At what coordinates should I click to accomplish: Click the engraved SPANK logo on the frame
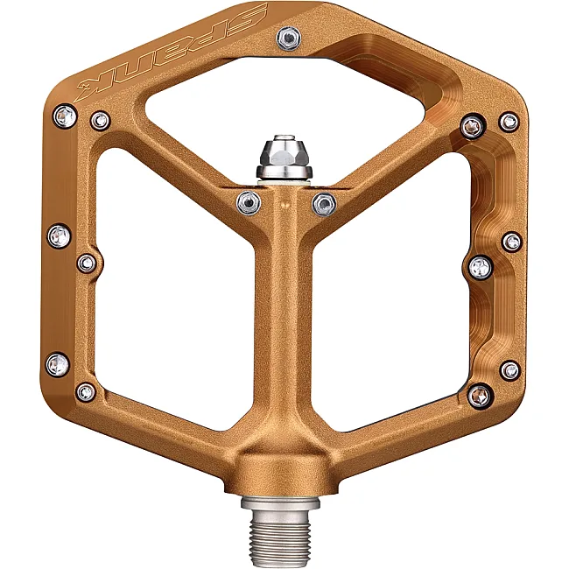pos(172,51)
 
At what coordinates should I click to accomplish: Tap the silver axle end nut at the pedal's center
pos(284,157)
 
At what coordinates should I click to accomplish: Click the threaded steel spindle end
pos(280,532)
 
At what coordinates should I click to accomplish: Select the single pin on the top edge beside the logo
pos(289,37)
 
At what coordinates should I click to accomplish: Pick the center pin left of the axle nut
pos(249,202)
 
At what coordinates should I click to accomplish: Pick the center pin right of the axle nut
pos(324,204)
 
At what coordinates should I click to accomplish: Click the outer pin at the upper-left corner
pos(65,116)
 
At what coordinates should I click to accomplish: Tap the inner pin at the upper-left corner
pos(100,121)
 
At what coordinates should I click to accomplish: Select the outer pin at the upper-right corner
pos(509,122)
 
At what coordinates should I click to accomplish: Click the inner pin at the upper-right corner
pos(472,127)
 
